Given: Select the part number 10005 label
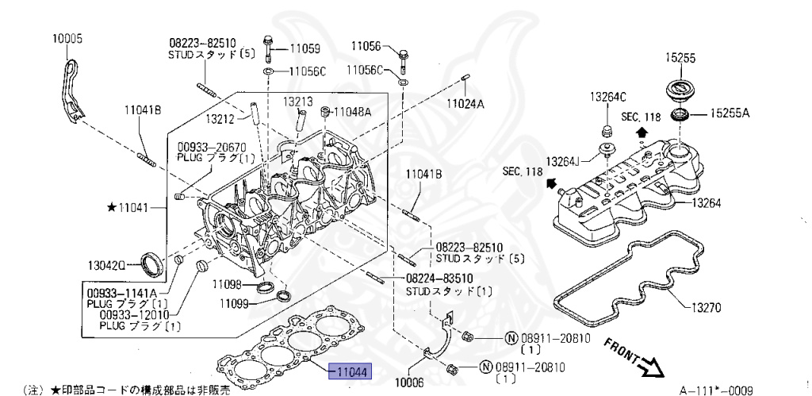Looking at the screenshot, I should [67, 38].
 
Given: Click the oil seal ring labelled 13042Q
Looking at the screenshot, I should [151, 263].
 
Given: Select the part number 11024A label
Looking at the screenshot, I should [465, 103].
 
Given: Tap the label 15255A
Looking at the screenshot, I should [729, 113].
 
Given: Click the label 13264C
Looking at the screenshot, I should [607, 97].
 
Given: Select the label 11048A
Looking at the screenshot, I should [352, 112].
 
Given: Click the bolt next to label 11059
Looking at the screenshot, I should [266, 48].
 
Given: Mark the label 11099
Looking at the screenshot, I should [236, 303].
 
